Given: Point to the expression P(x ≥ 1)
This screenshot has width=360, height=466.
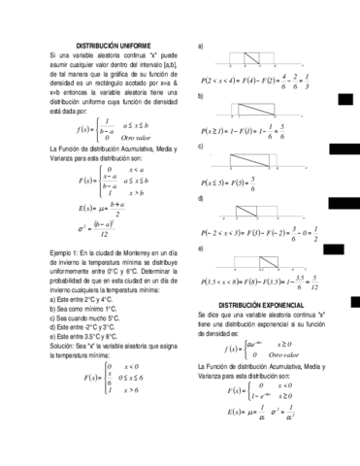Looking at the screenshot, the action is pos(218,128).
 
